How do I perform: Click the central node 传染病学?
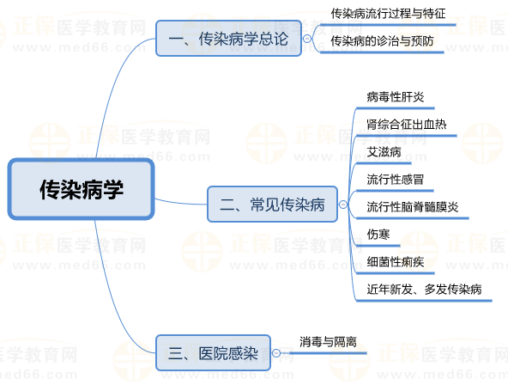pos(81,189)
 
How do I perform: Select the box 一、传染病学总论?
pos(228,39)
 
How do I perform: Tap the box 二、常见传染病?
pos(272,204)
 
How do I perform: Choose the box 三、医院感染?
pos(213,352)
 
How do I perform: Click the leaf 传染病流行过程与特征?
pos(388,14)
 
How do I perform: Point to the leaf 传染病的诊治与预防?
pos(382,41)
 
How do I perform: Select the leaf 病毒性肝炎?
pos(396,96)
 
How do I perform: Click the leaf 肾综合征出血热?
pos(407,125)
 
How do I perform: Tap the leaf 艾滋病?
pos(384,152)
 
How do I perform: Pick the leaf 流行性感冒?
pos(396,180)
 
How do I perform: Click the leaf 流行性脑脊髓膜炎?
pos(413,207)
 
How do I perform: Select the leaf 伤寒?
pos(378,234)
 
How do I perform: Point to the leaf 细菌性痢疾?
pos(396,262)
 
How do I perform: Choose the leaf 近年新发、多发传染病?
pos(424,290)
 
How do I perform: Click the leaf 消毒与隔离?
pos(328,341)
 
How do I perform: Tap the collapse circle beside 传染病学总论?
pos(307,39)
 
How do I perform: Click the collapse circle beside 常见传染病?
pos(343,205)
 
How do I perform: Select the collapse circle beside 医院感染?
pos(276,353)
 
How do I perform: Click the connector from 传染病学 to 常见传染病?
pos(181,203)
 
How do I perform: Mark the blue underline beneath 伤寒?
pos(378,246)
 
